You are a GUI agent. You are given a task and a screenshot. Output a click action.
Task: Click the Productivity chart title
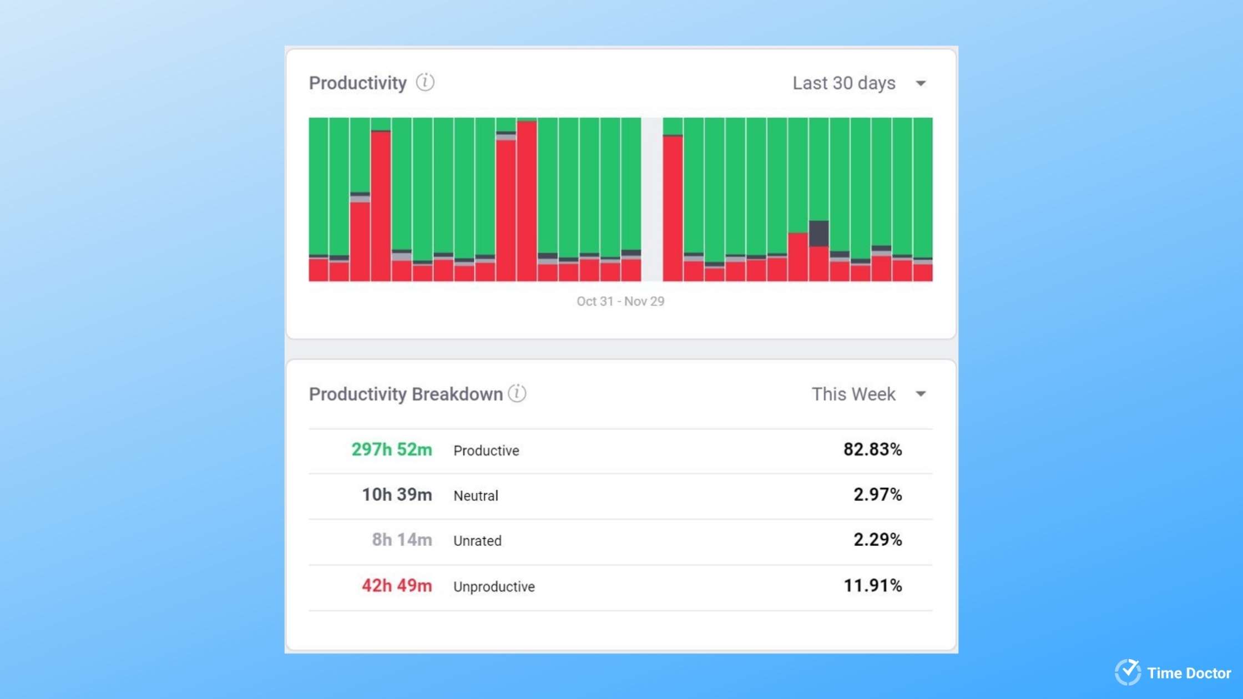[357, 83]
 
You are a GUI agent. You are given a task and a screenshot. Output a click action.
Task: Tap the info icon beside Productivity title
[425, 82]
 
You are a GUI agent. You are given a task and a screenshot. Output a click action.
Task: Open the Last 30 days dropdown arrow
[921, 84]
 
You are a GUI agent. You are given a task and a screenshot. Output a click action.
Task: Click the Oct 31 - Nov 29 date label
[620, 301]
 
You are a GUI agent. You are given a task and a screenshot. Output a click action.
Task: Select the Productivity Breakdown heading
[406, 394]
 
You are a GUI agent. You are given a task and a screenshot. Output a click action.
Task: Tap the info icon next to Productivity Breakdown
[517, 393]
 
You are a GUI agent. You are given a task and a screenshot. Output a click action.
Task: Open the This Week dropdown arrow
[921, 394]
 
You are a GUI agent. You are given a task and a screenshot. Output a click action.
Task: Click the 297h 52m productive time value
[391, 449]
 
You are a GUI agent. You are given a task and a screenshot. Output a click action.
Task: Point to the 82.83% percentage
[872, 449]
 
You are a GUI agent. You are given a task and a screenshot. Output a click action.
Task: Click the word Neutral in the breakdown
[476, 495]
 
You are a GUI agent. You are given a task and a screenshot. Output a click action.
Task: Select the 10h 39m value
[396, 494]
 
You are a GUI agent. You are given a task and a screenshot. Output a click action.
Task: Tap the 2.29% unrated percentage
[877, 539]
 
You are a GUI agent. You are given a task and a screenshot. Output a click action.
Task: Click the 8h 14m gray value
[401, 539]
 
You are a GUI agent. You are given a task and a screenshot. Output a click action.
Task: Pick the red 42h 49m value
[396, 585]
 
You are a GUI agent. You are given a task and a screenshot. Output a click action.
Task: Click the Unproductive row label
[494, 586]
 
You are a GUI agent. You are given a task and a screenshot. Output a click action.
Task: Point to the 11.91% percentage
[872, 585]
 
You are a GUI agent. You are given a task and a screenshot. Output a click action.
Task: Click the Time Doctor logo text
[1189, 673]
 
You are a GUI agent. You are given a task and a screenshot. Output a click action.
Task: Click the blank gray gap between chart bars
[652, 200]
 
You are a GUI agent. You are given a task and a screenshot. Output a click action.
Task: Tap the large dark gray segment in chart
[818, 233]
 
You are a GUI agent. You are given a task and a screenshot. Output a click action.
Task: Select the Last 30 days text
[843, 83]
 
